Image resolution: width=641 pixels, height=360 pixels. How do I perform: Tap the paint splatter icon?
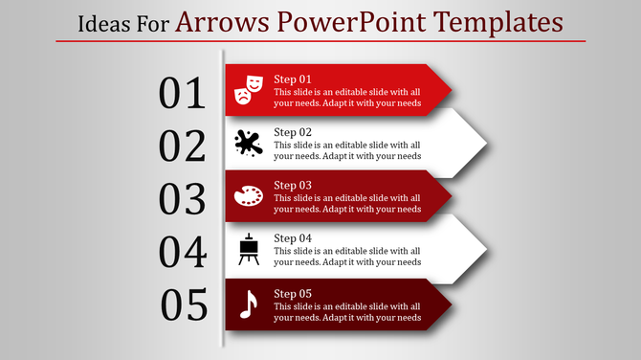248,143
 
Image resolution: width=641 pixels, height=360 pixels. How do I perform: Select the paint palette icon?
248,196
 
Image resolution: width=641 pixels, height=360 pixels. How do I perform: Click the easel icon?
248,250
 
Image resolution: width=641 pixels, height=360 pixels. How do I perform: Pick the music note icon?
248,304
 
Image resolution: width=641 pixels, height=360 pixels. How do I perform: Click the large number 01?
183,94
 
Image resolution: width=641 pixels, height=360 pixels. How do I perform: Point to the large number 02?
183,146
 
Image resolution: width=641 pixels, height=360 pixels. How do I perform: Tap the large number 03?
183,199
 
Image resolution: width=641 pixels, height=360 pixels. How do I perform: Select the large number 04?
183,253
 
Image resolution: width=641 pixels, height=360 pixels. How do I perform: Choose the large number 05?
185,305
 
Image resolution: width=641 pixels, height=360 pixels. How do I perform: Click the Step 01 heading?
293,79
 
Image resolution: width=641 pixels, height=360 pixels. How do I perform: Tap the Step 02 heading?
293,132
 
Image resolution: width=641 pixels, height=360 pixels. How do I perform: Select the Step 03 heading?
293,185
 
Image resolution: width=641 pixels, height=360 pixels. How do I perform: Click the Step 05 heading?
293,293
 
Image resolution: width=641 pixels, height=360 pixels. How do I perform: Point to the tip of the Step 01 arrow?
451,91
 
